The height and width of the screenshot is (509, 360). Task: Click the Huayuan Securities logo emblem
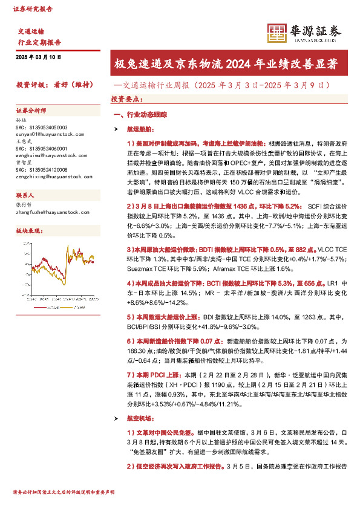[277, 33]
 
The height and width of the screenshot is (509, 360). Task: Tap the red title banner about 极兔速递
[226, 63]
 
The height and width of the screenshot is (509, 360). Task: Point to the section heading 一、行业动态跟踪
[140, 114]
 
